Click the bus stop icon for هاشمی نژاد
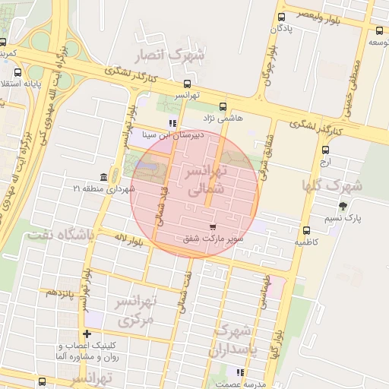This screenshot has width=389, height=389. tap(223, 107)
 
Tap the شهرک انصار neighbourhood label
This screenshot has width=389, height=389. tap(169, 55)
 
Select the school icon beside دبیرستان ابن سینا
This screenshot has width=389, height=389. tap(172, 122)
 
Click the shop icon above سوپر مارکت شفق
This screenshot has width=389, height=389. tap(213, 226)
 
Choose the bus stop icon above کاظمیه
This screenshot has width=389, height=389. tap(306, 230)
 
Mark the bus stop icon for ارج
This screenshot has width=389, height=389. tap(326, 150)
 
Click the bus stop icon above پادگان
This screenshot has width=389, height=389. tap(282, 17)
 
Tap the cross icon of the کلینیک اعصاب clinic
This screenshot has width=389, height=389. tap(87, 334)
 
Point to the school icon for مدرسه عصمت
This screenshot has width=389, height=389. tap(240, 372)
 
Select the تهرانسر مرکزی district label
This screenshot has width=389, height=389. tap(134, 312)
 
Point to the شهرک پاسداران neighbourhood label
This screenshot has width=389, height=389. tap(236, 340)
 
